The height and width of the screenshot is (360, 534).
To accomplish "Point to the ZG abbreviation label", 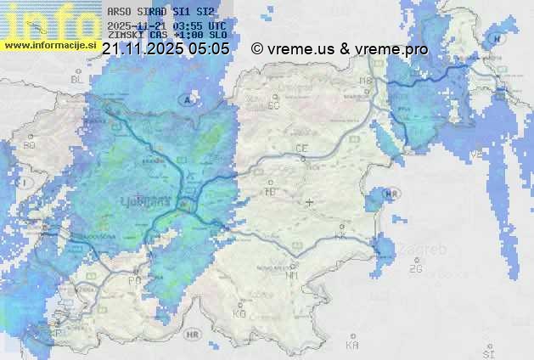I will (415, 269).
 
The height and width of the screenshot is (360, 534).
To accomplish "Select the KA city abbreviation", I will (352, 346).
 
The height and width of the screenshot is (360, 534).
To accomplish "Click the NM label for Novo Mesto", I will (293, 275).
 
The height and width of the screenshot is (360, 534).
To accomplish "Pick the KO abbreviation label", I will (239, 313).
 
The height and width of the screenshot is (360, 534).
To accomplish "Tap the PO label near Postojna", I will (134, 279).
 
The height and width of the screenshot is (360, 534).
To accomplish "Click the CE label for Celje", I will (301, 149).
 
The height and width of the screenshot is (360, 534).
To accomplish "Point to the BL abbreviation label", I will (78, 79).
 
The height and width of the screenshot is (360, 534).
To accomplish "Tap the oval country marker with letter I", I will (27, 183).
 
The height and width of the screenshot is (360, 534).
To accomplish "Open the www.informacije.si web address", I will (48, 44).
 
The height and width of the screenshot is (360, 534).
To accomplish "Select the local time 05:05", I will (209, 49).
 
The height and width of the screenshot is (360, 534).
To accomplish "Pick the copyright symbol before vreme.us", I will (258, 49).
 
